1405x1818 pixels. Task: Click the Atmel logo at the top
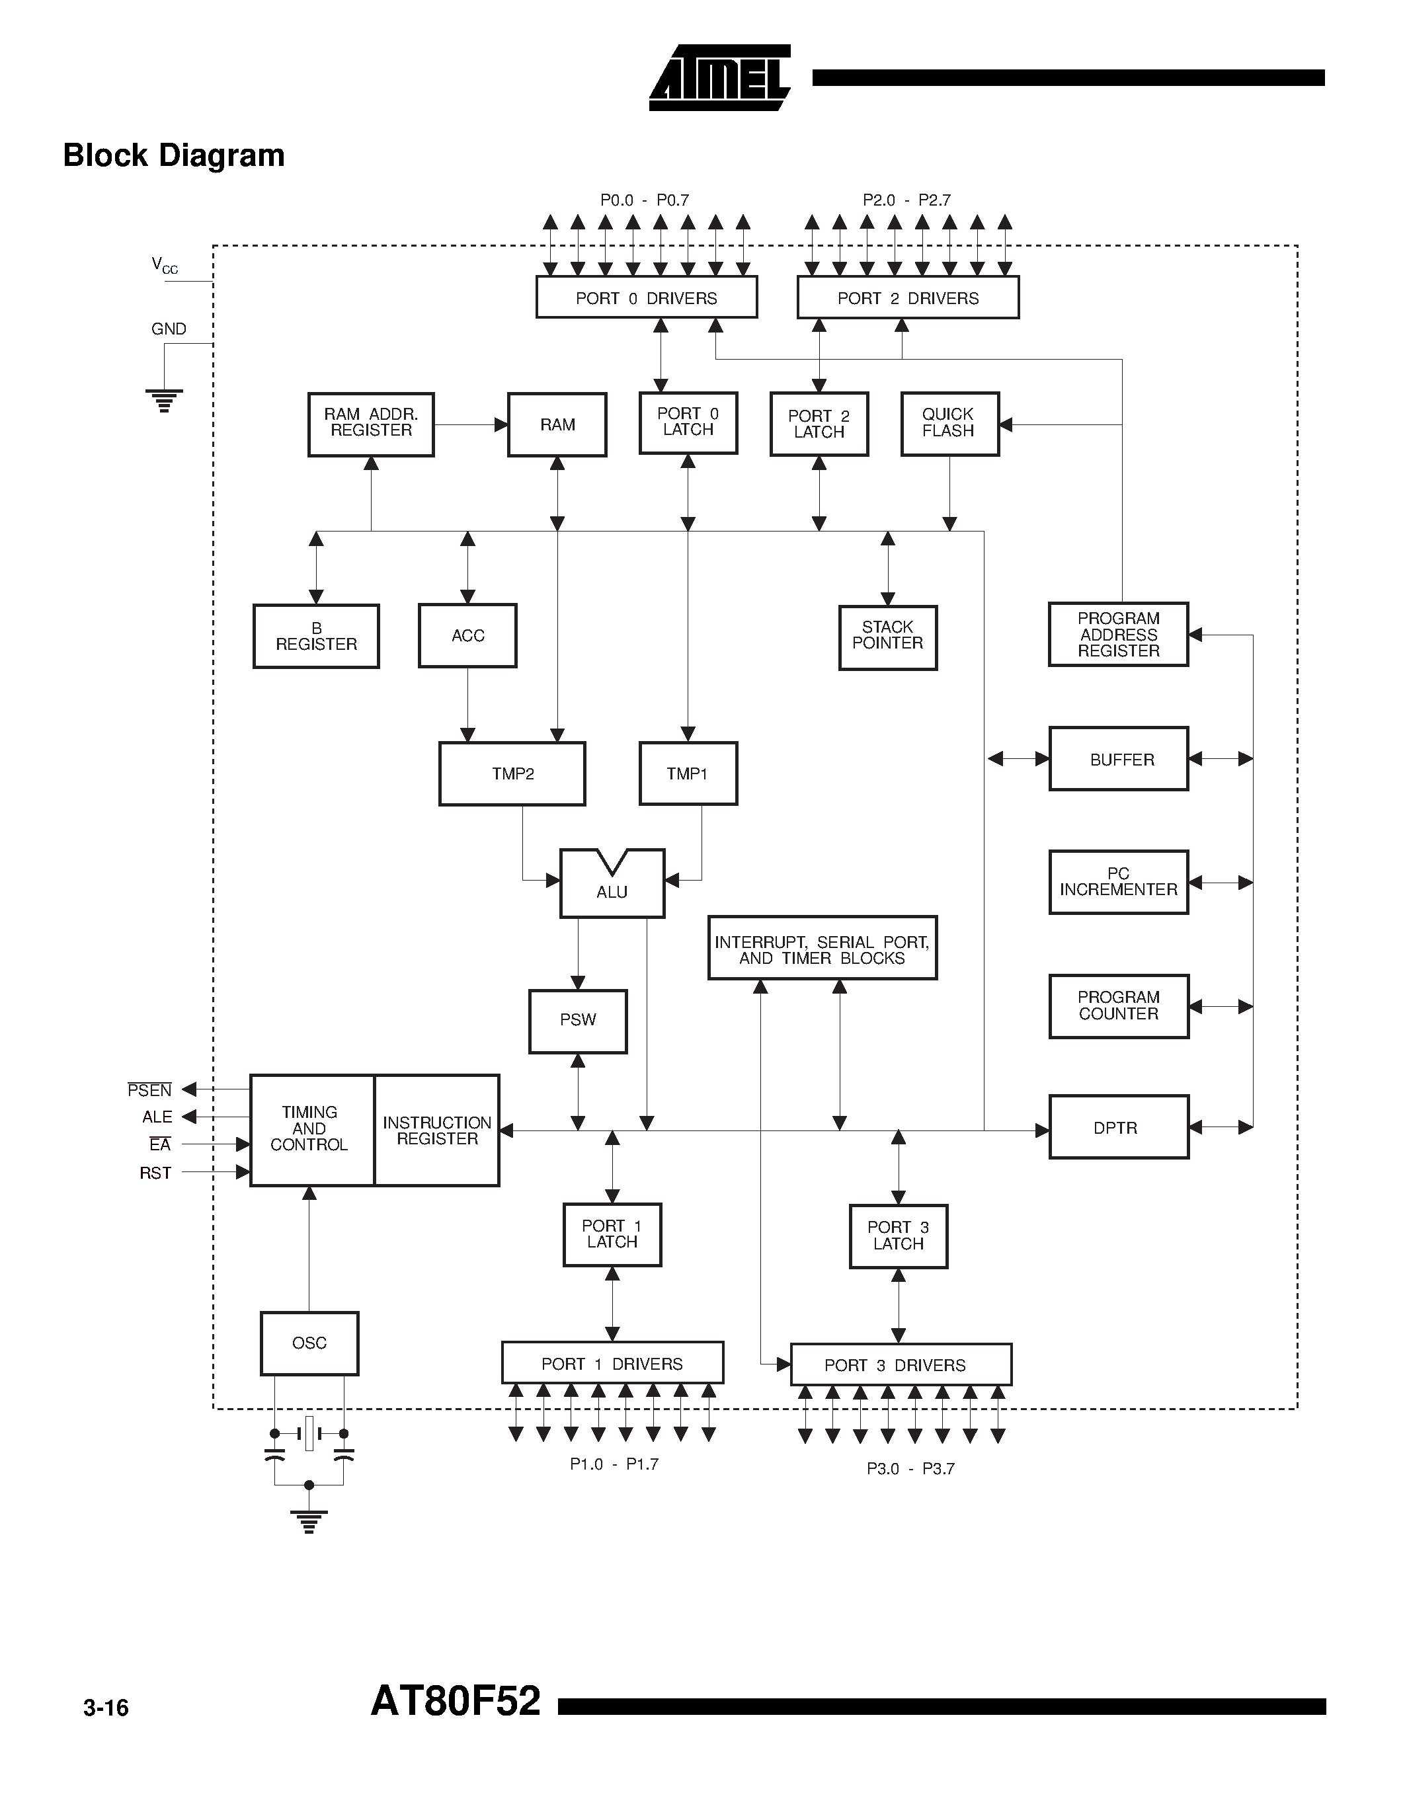pyautogui.click(x=720, y=77)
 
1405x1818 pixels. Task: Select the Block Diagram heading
pyautogui.click(x=174, y=155)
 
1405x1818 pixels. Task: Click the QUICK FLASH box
pyautogui.click(x=949, y=424)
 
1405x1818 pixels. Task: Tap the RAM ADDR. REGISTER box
pyautogui.click(x=370, y=424)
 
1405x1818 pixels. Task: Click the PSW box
pyautogui.click(x=578, y=1021)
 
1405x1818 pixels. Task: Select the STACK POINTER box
pyautogui.click(x=887, y=637)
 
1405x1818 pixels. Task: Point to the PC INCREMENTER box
pyautogui.click(x=1118, y=883)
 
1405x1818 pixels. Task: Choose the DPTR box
pyautogui.click(x=1118, y=1127)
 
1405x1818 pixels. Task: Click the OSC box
pyautogui.click(x=309, y=1343)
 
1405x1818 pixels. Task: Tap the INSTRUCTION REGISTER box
pyautogui.click(x=437, y=1130)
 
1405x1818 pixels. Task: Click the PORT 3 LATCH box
pyautogui.click(x=898, y=1236)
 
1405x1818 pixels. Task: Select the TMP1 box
pyautogui.click(x=688, y=773)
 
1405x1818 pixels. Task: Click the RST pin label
pyautogui.click(x=155, y=1173)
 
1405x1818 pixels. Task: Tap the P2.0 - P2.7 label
pyautogui.click(x=906, y=200)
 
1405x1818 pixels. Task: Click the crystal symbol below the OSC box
pyautogui.click(x=309, y=1433)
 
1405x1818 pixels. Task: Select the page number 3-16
pyautogui.click(x=106, y=1708)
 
